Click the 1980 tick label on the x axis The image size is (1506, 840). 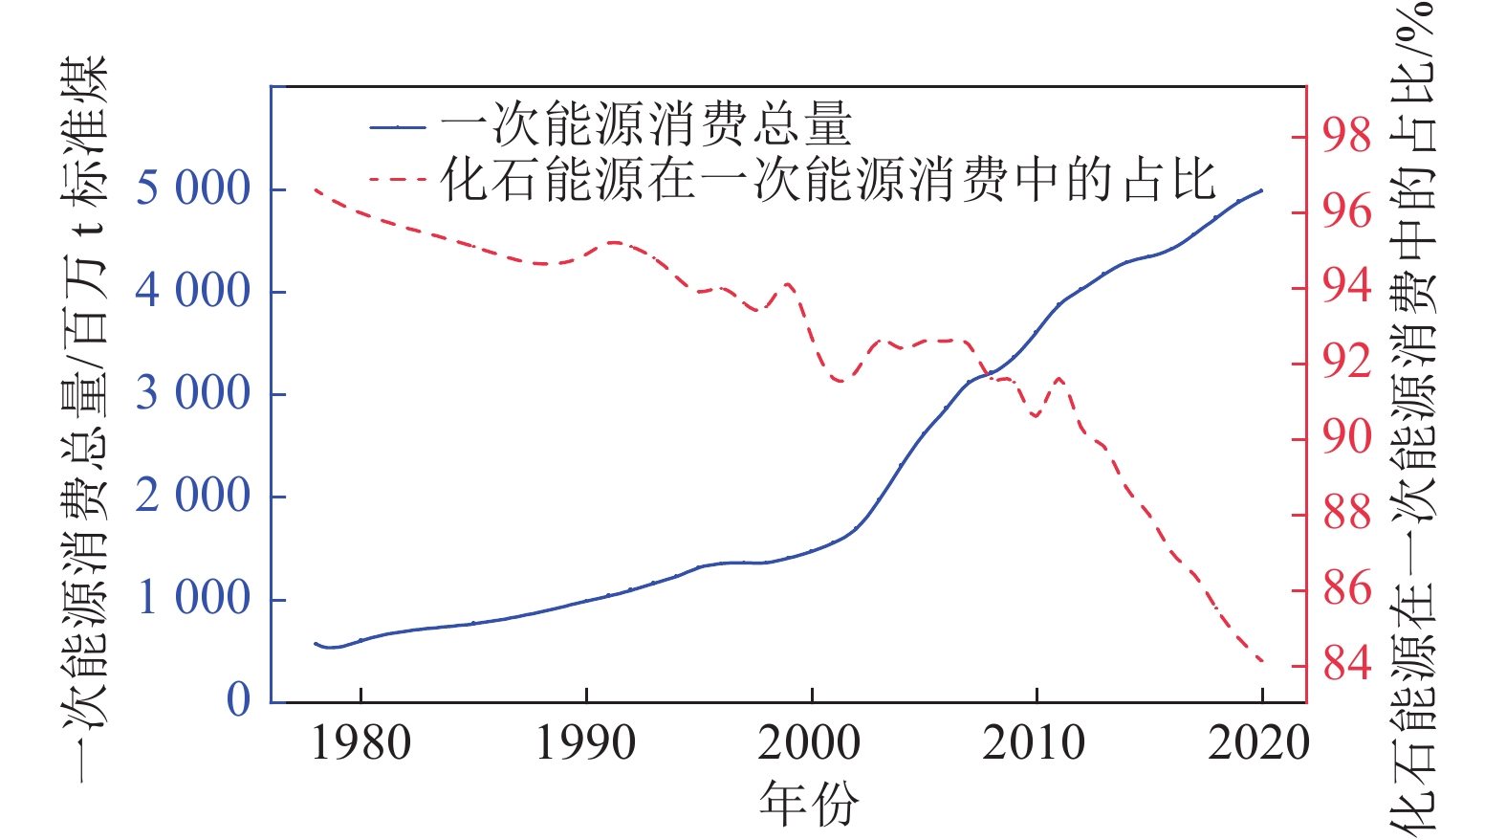pyautogui.click(x=360, y=743)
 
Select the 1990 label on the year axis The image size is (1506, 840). pyautogui.click(x=585, y=743)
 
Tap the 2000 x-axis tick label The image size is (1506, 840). pyautogui.click(x=810, y=743)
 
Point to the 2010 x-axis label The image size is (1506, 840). pyautogui.click(x=1035, y=743)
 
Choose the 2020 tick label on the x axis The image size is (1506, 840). pyautogui.click(x=1258, y=743)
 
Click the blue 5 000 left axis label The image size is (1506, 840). pyautogui.click(x=192, y=188)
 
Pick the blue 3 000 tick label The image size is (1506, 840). pyautogui.click(x=192, y=393)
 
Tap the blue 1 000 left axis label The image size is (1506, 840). pyautogui.click(x=192, y=598)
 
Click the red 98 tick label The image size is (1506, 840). pyautogui.click(x=1347, y=136)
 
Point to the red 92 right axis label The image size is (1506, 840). pyautogui.click(x=1347, y=362)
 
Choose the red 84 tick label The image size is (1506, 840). pyautogui.click(x=1347, y=663)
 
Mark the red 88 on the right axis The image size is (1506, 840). pyautogui.click(x=1347, y=513)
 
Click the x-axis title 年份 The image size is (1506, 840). pyautogui.click(x=809, y=804)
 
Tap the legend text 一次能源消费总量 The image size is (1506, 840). pyautogui.click(x=645, y=125)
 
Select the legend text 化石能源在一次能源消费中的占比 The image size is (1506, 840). pyautogui.click(x=828, y=179)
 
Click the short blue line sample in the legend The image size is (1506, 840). pyautogui.click(x=398, y=126)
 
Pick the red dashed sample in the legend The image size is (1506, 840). pyautogui.click(x=398, y=179)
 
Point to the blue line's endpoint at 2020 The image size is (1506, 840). pyautogui.click(x=1262, y=190)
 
